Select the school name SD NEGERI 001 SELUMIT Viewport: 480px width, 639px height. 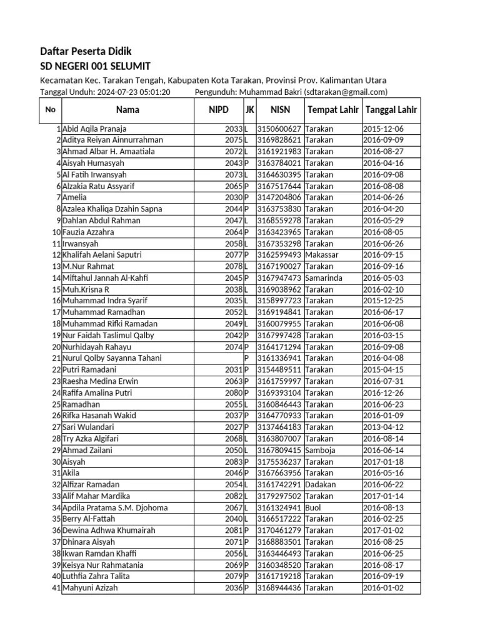(x=95, y=66)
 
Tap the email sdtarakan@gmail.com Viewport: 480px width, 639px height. (x=346, y=92)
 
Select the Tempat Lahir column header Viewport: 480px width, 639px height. (x=332, y=110)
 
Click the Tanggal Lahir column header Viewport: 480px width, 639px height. (x=391, y=110)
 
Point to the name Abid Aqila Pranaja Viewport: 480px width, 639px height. (x=94, y=129)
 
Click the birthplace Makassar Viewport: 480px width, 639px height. (x=323, y=255)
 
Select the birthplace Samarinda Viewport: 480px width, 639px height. (x=324, y=278)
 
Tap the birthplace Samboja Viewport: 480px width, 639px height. (x=321, y=450)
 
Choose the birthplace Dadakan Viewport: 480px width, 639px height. (x=321, y=484)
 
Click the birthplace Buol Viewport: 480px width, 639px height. (x=314, y=507)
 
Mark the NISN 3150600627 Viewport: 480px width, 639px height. (x=279, y=129)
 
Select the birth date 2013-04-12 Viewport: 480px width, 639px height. (x=384, y=427)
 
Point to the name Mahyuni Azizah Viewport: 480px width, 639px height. (x=89, y=588)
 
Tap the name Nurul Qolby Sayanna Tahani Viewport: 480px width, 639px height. (x=112, y=358)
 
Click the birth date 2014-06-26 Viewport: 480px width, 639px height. (x=384, y=197)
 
